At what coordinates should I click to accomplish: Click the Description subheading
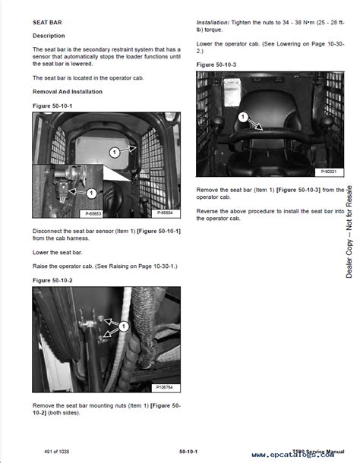49,36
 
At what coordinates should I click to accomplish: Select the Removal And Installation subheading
68,91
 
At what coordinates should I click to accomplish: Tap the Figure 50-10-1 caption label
53,105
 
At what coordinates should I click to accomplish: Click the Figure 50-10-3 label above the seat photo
216,65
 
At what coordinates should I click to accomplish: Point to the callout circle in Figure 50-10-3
243,118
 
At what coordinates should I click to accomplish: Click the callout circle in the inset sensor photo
90,194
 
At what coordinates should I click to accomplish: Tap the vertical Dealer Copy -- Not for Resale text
349,231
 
